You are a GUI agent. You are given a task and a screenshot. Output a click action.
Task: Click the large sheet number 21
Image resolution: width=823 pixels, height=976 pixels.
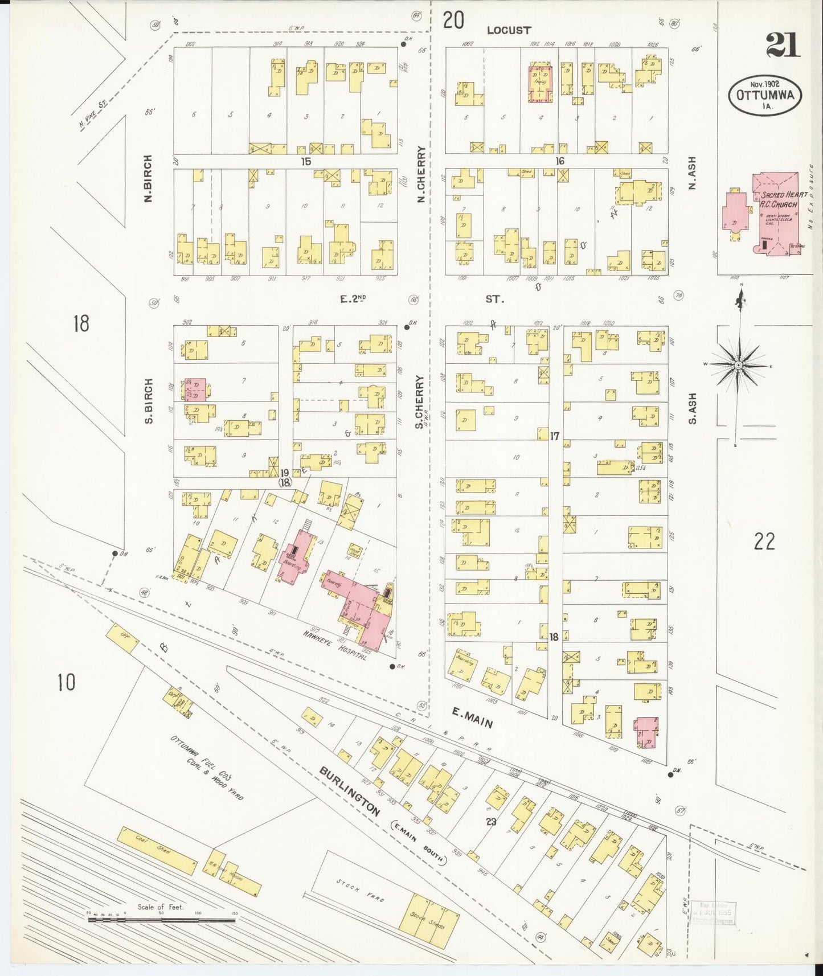783,46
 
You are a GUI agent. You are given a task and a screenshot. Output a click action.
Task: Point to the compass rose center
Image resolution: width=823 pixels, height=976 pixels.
738,364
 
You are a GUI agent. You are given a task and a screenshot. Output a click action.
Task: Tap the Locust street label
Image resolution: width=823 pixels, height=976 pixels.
509,30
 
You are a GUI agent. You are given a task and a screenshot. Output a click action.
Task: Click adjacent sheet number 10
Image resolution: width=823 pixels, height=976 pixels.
67,681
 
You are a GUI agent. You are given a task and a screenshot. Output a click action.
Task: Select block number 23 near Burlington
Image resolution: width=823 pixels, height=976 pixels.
491,821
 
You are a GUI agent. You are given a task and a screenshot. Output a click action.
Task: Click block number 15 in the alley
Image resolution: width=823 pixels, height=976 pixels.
306,161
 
